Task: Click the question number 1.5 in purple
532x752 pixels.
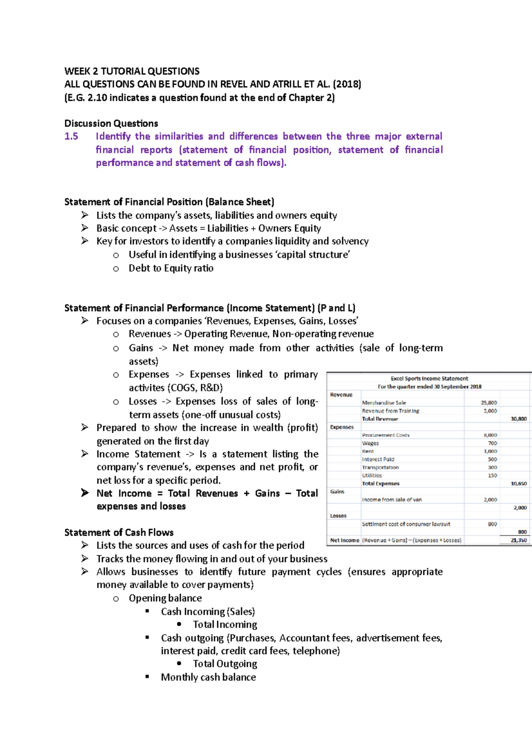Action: [71, 136]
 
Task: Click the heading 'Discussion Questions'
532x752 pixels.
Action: [111, 124]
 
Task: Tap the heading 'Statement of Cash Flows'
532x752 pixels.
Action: [119, 532]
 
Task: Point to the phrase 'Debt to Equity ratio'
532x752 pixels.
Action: [171, 268]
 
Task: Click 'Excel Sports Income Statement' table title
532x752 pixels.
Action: [429, 379]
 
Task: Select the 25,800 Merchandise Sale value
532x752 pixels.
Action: [489, 403]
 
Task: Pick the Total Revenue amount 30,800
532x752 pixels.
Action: [518, 419]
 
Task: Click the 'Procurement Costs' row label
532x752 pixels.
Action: [386, 435]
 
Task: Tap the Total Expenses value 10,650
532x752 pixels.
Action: [518, 484]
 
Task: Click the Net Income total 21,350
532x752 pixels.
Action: [518, 540]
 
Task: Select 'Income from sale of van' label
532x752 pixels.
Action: [392, 500]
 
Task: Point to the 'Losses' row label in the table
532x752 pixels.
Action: [338, 516]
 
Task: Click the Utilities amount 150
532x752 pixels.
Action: [492, 475]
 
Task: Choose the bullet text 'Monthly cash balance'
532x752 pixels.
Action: [208, 677]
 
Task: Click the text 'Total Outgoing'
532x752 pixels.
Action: [225, 664]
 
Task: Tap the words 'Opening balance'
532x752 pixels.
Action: [165, 598]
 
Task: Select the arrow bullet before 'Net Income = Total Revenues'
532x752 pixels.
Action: [85, 493]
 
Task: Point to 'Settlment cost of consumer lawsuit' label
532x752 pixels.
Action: [406, 524]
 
